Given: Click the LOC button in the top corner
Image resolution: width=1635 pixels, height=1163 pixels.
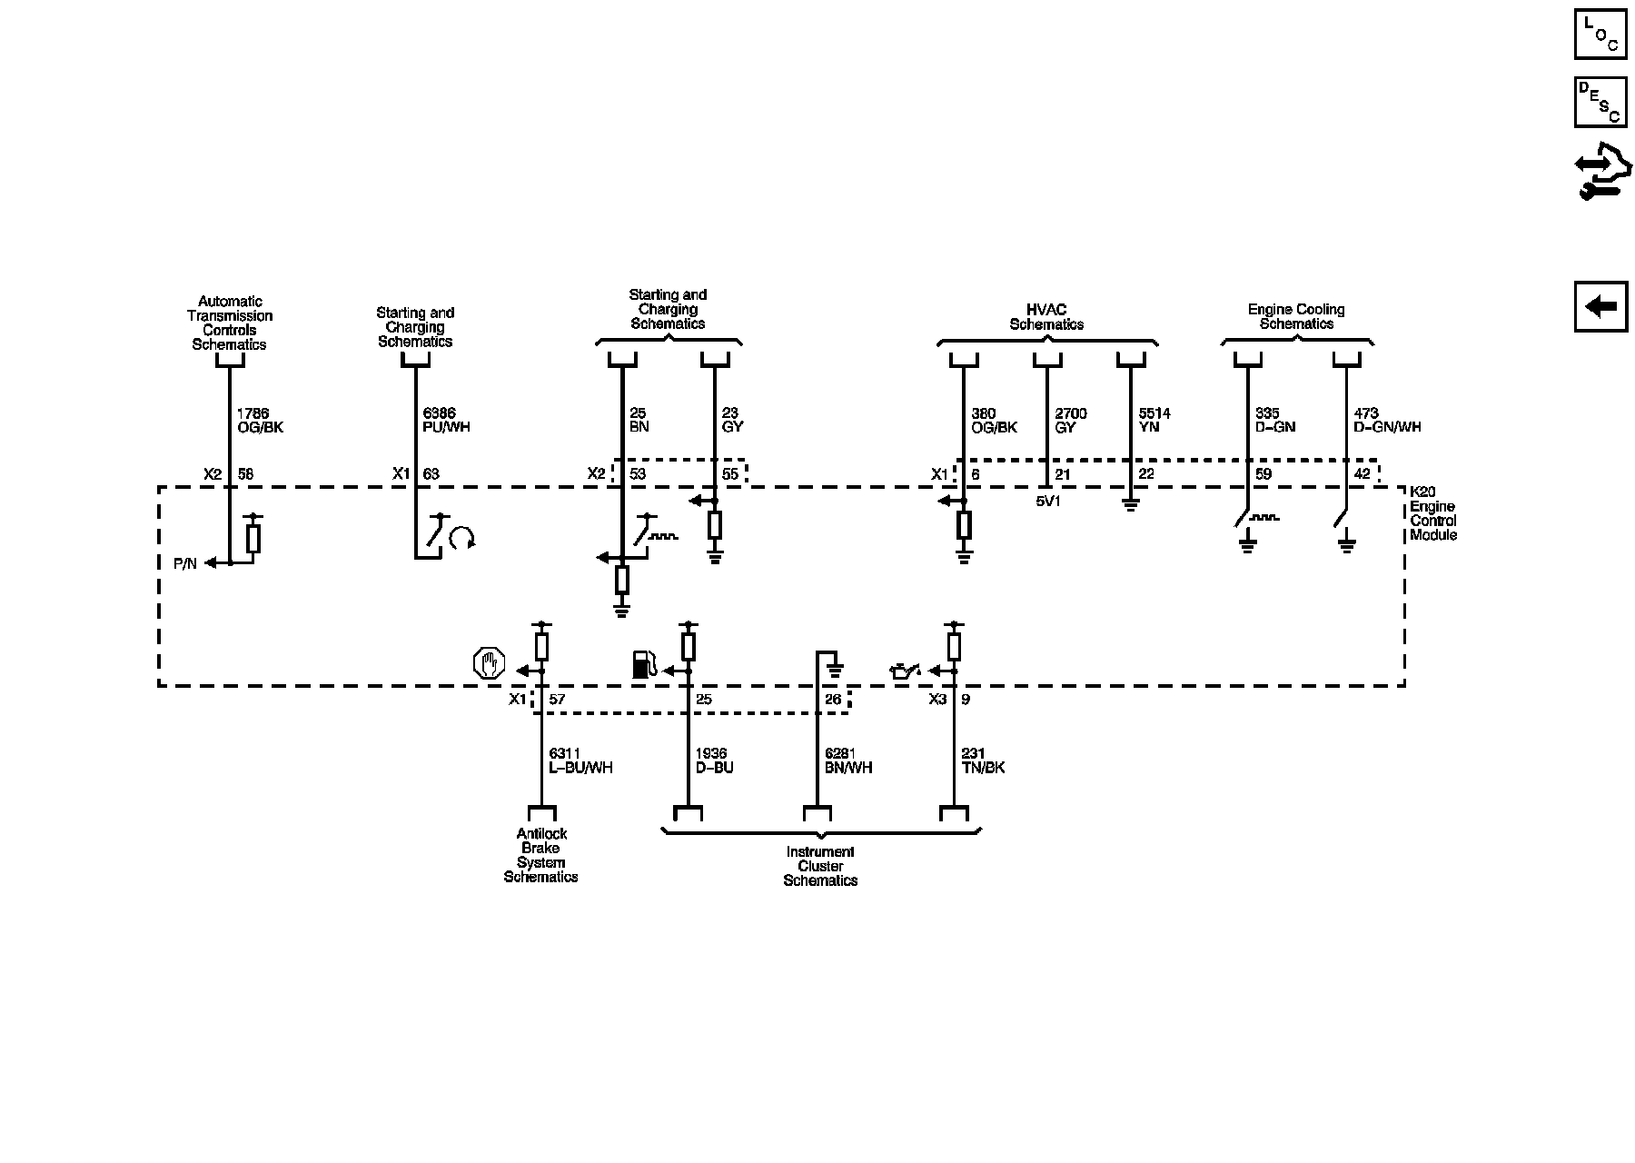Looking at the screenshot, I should pos(1600,34).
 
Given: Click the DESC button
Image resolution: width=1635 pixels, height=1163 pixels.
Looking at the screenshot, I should pos(1600,101).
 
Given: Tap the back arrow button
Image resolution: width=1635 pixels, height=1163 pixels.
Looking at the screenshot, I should pos(1600,306).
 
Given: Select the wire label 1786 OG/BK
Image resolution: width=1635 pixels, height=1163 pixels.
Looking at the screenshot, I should pos(260,420).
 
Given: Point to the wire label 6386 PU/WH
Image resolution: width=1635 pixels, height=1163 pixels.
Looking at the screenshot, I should pos(446,420).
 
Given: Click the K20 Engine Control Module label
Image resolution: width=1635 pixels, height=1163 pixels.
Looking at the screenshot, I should pos(1432,513).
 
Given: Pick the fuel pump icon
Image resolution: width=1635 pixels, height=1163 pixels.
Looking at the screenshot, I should pos(643,664).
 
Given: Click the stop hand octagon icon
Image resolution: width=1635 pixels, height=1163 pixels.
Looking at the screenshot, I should pos(489,663).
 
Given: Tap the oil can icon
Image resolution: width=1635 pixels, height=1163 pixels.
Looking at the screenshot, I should pos(905,671).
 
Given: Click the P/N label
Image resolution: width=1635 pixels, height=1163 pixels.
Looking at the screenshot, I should pos(184,563).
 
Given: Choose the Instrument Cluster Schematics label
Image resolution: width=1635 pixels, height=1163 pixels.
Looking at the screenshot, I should pos(820,866).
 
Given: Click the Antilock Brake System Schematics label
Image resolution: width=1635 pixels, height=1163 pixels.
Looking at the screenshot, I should pos(541,855).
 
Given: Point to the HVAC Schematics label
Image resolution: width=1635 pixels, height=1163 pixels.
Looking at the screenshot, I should pos(1046,317).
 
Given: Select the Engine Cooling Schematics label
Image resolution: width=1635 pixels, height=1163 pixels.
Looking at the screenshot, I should pos(1296,316).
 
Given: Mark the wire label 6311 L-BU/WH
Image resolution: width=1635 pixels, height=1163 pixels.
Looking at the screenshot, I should pos(580,760).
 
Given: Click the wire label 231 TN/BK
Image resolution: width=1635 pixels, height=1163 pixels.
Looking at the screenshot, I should pos(983,760).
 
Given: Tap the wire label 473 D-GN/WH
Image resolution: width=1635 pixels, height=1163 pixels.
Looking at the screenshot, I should pos(1386,420).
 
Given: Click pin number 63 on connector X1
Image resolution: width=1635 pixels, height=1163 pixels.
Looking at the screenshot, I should pos(431,473).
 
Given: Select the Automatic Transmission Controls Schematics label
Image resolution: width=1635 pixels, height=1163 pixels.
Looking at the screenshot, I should pos(230,323).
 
